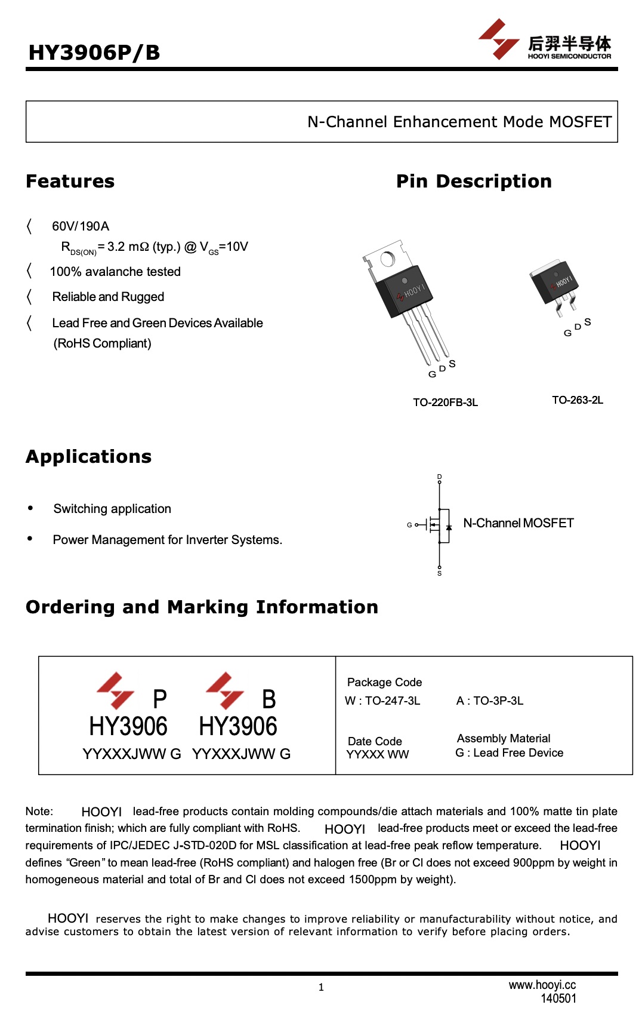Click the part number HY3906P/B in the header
94,53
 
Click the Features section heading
70,181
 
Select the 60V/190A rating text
81,226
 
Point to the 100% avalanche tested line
115,272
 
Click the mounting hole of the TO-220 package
387,259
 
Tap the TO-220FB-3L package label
445,403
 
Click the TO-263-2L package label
577,400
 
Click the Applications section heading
88,456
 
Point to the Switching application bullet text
112,509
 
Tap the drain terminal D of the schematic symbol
440,478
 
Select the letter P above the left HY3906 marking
160,699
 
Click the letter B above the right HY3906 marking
269,699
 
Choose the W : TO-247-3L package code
382,701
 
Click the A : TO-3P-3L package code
490,701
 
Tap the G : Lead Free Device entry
509,753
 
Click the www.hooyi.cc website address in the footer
542,985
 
